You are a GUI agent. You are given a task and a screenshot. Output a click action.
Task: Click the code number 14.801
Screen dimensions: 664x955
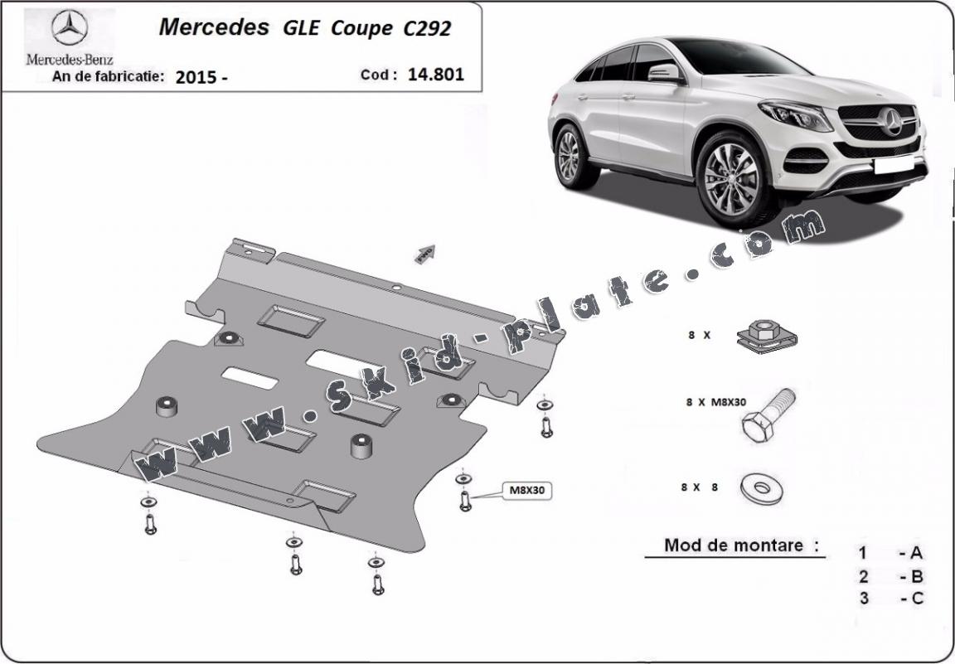[436, 74]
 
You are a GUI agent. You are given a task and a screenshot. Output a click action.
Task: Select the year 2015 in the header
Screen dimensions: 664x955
[196, 77]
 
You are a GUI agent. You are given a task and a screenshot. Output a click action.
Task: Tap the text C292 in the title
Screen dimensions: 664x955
[428, 27]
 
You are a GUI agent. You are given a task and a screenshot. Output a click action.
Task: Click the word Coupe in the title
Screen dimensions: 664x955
[361, 27]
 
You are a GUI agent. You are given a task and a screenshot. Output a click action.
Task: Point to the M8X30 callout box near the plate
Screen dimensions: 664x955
[526, 490]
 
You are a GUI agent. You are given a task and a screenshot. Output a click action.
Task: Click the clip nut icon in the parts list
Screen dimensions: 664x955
[766, 335]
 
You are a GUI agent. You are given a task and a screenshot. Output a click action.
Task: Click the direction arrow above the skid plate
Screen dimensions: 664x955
[425, 253]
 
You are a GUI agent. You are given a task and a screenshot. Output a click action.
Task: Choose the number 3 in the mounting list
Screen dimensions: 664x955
[864, 598]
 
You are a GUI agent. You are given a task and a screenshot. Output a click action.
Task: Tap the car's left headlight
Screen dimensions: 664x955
[795, 115]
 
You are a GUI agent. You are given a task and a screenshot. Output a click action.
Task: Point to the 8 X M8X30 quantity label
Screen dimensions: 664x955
[715, 402]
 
